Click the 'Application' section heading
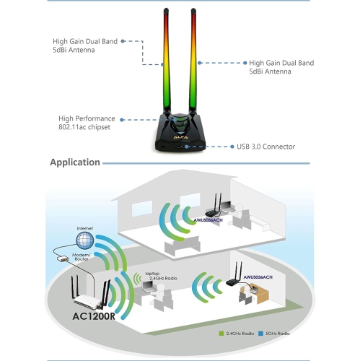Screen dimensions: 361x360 (x=75, y=162)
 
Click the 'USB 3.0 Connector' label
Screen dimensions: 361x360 (x=266, y=147)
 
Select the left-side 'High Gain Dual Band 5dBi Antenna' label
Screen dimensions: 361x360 (x=84, y=46)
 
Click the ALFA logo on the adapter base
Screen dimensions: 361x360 (x=178, y=135)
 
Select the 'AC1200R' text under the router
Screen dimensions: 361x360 (x=96, y=316)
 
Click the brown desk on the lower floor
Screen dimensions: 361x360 (x=260, y=295)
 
